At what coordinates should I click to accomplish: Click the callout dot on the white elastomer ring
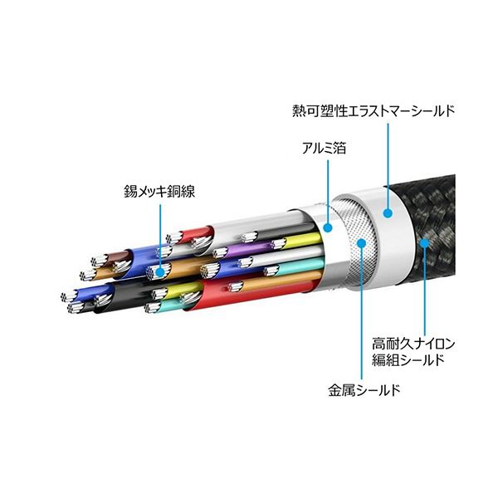[x=386, y=212]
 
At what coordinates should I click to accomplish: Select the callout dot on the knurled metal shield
[x=362, y=242]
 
